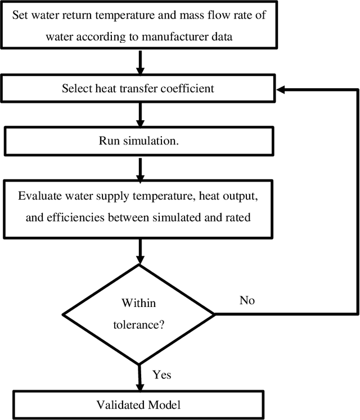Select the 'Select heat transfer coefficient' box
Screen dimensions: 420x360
point(138,88)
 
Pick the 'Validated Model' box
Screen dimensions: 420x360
point(138,404)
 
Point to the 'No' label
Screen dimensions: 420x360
point(247,300)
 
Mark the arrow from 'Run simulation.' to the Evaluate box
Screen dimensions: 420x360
point(138,167)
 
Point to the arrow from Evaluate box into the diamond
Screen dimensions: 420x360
point(138,251)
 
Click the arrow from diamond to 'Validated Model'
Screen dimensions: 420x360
point(138,376)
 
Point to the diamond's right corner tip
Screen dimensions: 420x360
point(214,313)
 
